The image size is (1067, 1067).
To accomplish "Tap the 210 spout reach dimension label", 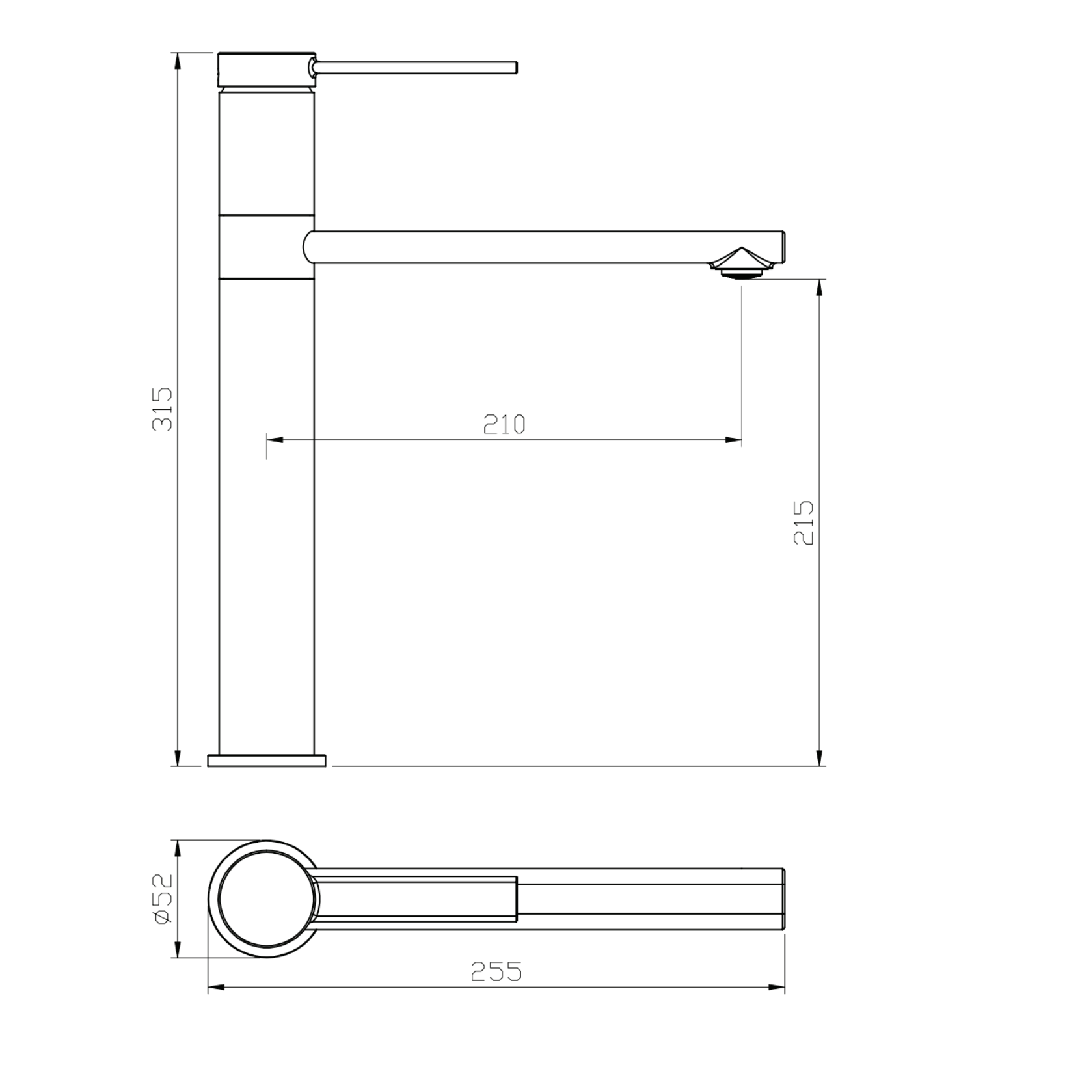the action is point(504,424).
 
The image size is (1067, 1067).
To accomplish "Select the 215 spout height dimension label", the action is point(804,522).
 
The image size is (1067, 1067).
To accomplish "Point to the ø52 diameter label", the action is point(163,898).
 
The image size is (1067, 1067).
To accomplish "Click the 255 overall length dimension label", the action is point(496,971).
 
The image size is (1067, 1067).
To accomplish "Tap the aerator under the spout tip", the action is point(742,263).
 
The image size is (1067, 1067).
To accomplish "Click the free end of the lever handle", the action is point(515,68).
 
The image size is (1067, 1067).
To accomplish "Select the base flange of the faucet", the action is point(267,761).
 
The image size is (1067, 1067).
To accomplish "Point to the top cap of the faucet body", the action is point(267,69).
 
